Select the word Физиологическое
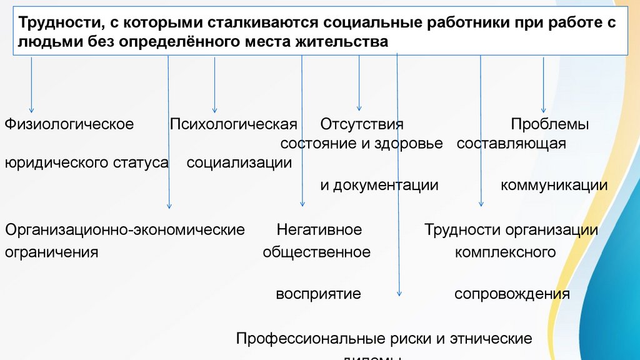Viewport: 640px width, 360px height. pos(69,124)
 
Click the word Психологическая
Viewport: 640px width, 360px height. pos(233,124)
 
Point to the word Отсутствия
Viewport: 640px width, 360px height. pos(362,124)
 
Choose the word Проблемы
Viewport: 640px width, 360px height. pos(549,124)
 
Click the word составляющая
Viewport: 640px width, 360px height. pos(511,144)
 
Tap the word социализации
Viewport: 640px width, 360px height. pos(239,163)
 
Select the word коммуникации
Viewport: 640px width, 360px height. pos(554,185)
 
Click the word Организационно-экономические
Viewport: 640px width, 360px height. pos(125,230)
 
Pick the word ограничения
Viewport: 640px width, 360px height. pos(52,252)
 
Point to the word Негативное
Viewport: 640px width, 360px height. pos(319,230)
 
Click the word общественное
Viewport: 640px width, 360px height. pos(317,252)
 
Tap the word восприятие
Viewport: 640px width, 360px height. pos(319,293)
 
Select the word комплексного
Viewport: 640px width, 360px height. pos(506,252)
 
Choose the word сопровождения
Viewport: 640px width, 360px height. pos(512,293)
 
